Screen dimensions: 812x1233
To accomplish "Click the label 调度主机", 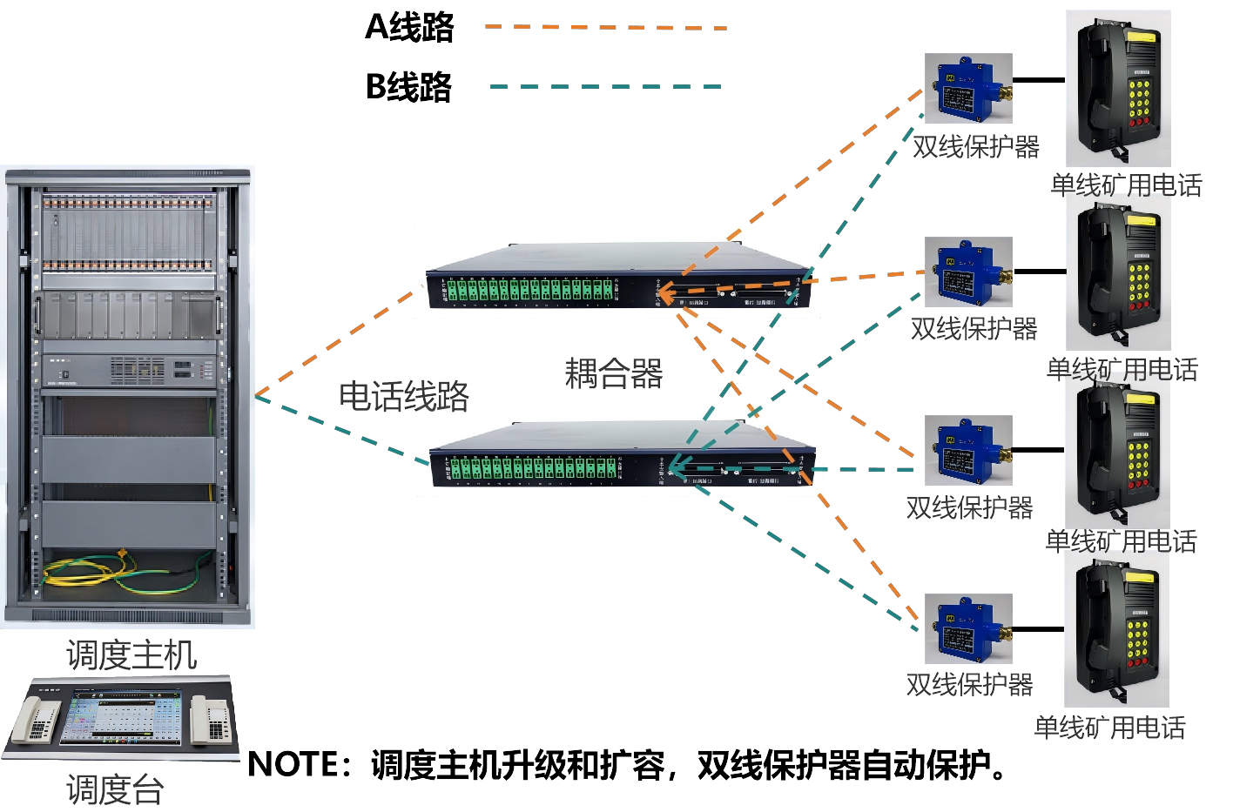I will (131, 654).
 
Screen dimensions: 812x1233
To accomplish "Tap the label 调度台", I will (115, 789).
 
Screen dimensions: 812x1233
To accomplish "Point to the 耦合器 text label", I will (614, 373).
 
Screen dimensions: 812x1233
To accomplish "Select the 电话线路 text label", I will (404, 396).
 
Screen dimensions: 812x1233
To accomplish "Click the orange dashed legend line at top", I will (606, 28).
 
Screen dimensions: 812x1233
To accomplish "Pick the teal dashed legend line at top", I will (606, 87).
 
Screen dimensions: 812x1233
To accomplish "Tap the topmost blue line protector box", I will (967, 88).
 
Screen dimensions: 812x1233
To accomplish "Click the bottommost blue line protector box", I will (967, 628).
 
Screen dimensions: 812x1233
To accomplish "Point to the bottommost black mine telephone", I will (1116, 628).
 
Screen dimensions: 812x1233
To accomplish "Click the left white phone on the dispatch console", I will (37, 721).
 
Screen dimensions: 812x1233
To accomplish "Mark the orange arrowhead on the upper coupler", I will (663, 296).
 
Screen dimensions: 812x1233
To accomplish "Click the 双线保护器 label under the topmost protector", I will (975, 146).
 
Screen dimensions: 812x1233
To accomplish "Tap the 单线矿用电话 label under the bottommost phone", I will (1109, 727).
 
